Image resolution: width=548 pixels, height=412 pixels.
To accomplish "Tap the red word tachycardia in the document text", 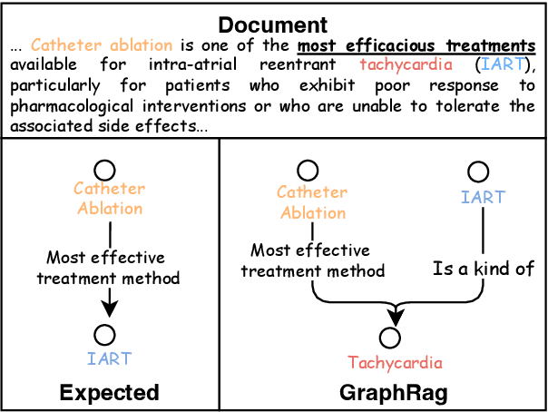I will (x=401, y=64).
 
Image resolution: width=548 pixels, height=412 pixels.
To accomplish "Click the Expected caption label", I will (x=109, y=393).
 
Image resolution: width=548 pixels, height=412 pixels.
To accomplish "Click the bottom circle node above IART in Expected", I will (x=108, y=334).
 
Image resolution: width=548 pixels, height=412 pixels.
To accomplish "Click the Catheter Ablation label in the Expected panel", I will (x=109, y=198).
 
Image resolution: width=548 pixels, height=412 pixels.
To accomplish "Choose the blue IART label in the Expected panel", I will (x=108, y=359).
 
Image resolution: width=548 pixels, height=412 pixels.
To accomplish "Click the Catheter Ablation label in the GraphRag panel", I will (x=311, y=202).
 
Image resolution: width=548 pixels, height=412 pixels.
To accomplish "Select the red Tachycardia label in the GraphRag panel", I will (x=395, y=363).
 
